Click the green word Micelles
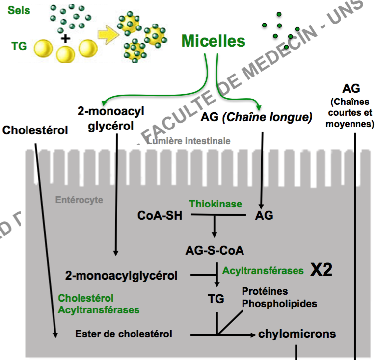(x=213, y=41)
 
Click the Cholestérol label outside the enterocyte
(x=35, y=130)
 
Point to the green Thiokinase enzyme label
(x=216, y=204)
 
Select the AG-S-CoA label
(x=214, y=251)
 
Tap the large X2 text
(x=321, y=270)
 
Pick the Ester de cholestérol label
(x=124, y=334)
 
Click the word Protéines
(x=265, y=291)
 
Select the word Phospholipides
(x=279, y=304)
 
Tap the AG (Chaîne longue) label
(x=256, y=118)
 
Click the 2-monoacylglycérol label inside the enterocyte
(x=121, y=275)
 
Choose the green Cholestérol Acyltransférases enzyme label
(x=99, y=304)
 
